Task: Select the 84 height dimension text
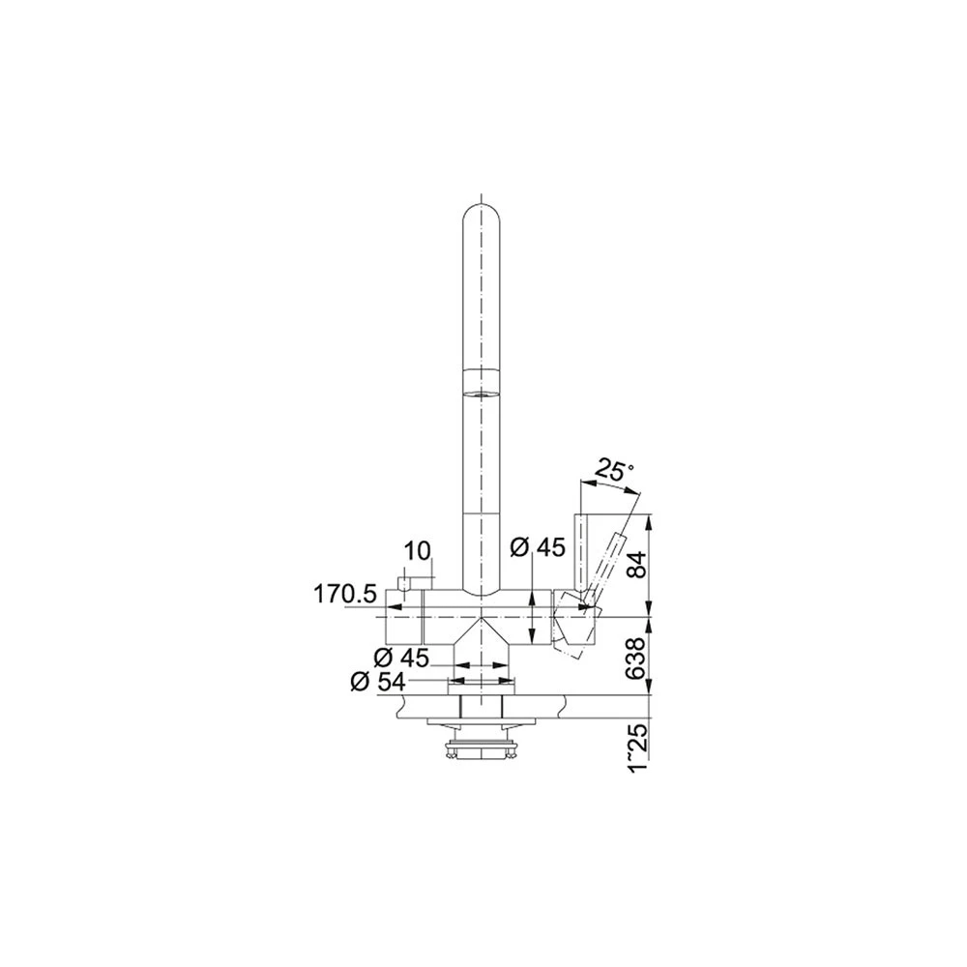point(637,565)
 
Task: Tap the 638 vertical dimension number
point(637,659)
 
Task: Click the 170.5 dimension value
point(345,595)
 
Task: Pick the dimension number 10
point(418,552)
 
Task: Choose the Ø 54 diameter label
point(378,682)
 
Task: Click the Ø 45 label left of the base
point(401,658)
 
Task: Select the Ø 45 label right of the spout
point(538,547)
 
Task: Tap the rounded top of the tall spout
point(481,213)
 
